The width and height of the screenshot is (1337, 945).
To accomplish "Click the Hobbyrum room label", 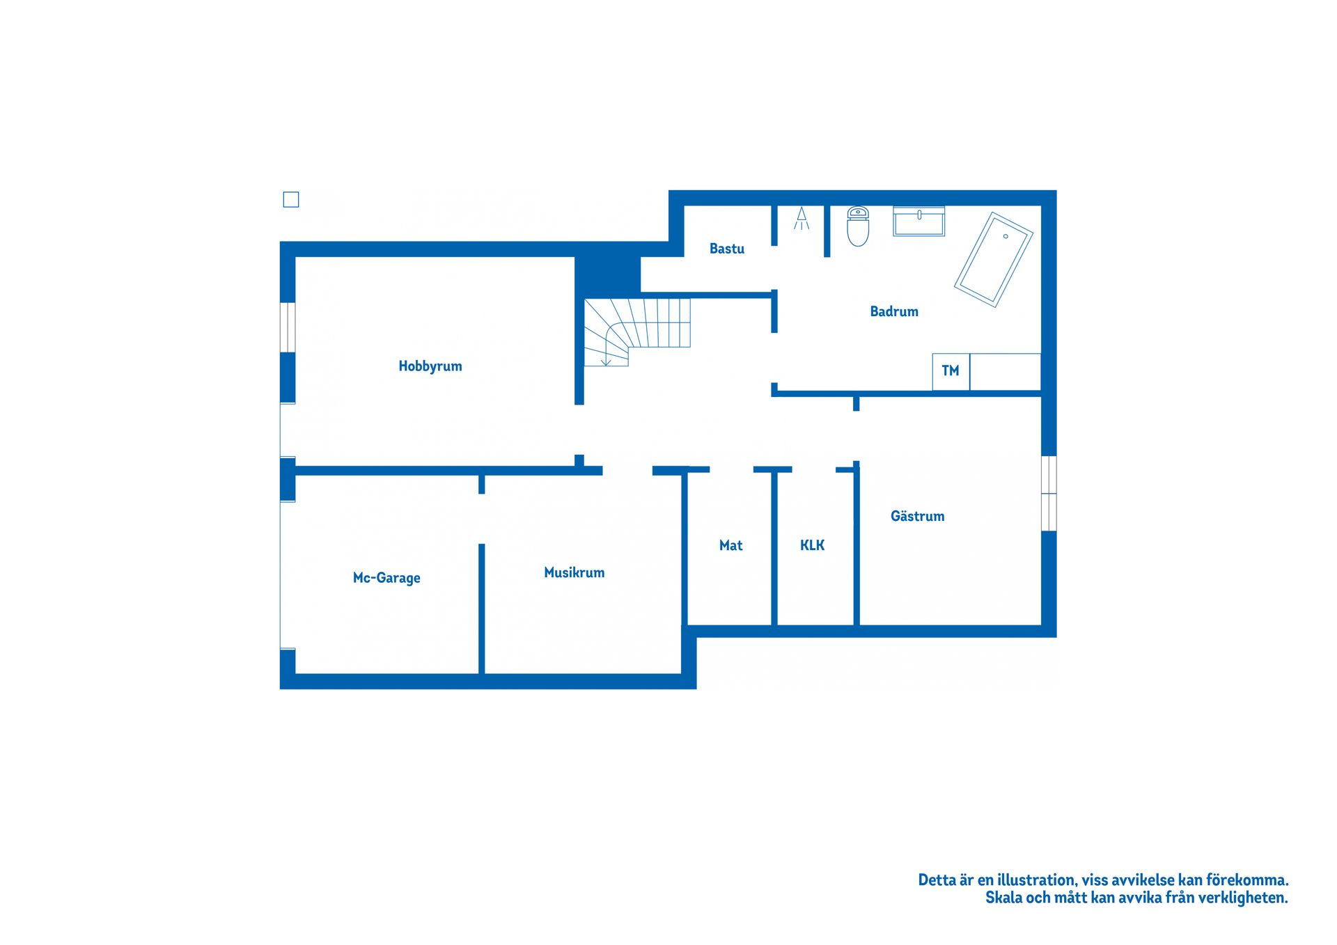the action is pyautogui.click(x=430, y=366).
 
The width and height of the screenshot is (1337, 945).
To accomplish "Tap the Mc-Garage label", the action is pyautogui.click(x=386, y=578).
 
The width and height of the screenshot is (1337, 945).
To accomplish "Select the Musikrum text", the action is pyautogui.click(x=574, y=572).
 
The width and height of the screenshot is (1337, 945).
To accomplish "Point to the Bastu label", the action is pyautogui.click(x=726, y=249).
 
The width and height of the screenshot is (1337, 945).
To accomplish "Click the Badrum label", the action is pyautogui.click(x=894, y=311).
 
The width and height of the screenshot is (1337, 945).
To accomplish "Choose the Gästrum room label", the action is pyautogui.click(x=917, y=516).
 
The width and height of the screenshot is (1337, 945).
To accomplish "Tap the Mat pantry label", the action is pyautogui.click(x=730, y=545).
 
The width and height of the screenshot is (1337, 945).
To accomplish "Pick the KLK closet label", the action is pyautogui.click(x=812, y=545).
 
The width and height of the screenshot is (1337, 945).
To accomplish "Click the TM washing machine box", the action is pyautogui.click(x=951, y=371).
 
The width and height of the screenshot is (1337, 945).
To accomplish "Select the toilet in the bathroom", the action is pyautogui.click(x=858, y=226).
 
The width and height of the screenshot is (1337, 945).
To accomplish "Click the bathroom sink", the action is pyautogui.click(x=918, y=221).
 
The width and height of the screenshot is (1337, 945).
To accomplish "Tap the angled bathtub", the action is pyautogui.click(x=994, y=260).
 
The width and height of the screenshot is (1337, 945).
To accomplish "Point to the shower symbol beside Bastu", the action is pyautogui.click(x=802, y=218).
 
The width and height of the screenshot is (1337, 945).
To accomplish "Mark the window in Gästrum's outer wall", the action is pyautogui.click(x=1049, y=493).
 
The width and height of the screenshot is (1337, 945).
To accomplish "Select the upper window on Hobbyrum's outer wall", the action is pyautogui.click(x=288, y=327).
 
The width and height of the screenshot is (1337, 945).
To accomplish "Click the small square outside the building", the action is pyautogui.click(x=291, y=200).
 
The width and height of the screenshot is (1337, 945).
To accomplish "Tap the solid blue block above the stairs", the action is pyautogui.click(x=607, y=276).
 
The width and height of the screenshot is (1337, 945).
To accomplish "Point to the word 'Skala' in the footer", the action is pyautogui.click(x=1003, y=898).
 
